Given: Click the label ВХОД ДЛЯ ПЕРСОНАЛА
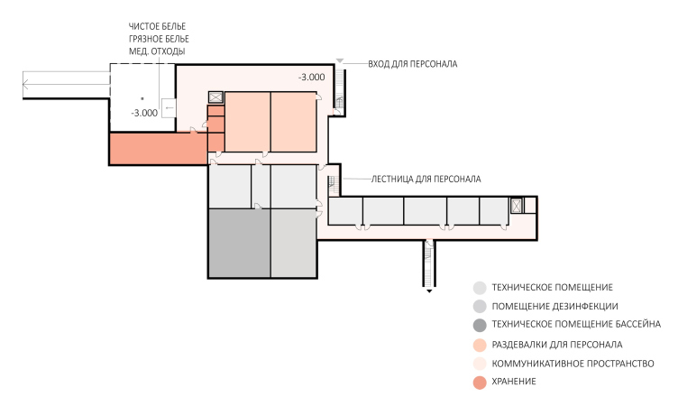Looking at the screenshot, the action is tap(413, 64).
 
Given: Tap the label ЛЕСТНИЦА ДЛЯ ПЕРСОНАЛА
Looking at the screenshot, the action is tap(426, 179).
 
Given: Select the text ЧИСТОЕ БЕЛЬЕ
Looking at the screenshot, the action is tap(158, 26).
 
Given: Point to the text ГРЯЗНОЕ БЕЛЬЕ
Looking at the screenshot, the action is tap(159, 39).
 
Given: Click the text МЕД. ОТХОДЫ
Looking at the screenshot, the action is tap(157, 51).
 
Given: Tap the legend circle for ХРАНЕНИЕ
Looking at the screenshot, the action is tap(480, 383).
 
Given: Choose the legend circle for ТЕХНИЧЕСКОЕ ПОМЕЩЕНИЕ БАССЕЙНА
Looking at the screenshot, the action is tap(480, 325).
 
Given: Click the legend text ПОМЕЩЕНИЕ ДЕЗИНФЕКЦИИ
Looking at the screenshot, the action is tap(554, 307).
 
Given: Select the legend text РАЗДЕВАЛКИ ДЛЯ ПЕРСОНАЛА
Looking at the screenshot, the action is tap(557, 345).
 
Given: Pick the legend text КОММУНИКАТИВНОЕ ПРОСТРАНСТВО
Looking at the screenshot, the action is tap(573, 364).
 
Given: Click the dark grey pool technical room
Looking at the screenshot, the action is tap(240, 244).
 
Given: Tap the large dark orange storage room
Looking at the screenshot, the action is tap(159, 149).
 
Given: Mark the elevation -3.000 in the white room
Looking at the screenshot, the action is tap(144, 114).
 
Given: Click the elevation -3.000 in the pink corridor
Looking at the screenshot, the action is tap(312, 78).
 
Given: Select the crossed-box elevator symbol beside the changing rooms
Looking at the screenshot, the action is tap(215, 97).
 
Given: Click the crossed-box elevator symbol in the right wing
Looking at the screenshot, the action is tap(517, 205).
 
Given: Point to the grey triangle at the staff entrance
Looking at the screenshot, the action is tap(340, 61).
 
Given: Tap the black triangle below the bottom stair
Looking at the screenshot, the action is tap(429, 291).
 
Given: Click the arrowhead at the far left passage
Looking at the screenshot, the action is tap(25, 85).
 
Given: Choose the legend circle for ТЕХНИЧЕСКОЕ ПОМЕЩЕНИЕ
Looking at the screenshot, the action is tap(480, 288).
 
